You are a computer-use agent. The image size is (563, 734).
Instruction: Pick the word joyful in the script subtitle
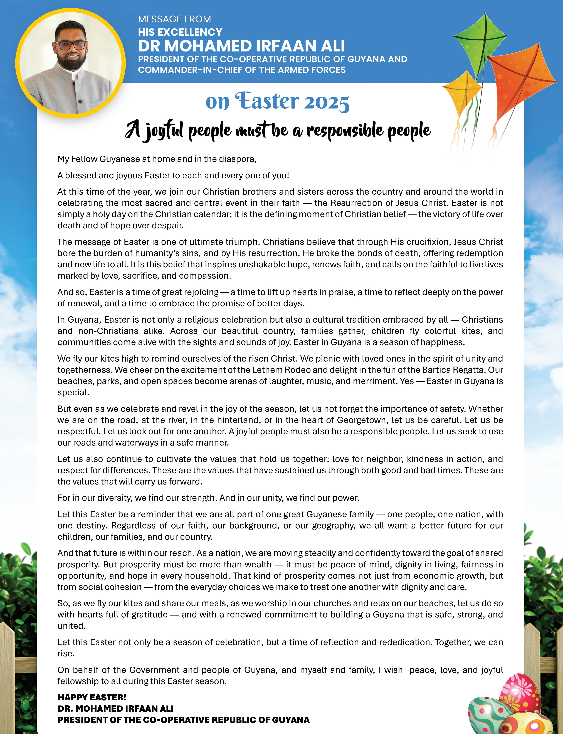164,131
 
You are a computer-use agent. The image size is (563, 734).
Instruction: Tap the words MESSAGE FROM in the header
174,19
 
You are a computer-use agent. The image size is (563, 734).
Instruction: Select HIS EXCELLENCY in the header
180,32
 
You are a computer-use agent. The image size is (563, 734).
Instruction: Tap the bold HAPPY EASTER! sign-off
92,698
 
